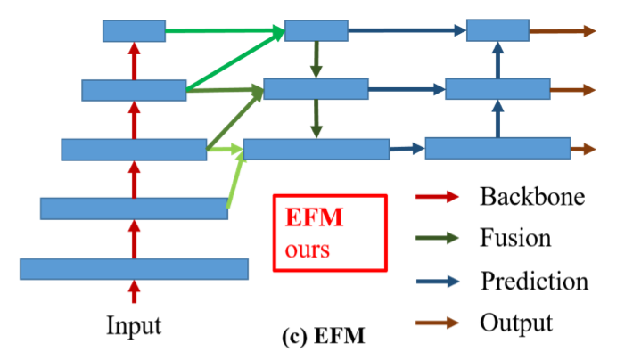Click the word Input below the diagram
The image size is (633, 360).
click(x=134, y=325)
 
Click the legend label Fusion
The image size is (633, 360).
click(x=514, y=238)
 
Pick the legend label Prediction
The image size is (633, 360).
click(x=534, y=281)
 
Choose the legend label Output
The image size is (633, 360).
click(x=515, y=322)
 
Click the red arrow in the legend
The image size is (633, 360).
click(x=438, y=196)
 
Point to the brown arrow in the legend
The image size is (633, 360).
click(x=438, y=322)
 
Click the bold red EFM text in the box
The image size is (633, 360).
click(x=314, y=217)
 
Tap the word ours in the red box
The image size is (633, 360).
click(x=308, y=247)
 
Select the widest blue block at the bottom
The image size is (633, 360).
click(x=134, y=268)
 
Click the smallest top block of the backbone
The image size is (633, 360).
click(x=134, y=31)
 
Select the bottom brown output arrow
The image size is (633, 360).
click(x=583, y=149)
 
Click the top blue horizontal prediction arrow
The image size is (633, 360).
click(x=407, y=31)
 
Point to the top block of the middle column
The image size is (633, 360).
click(x=316, y=31)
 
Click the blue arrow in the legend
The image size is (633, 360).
click(x=438, y=281)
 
